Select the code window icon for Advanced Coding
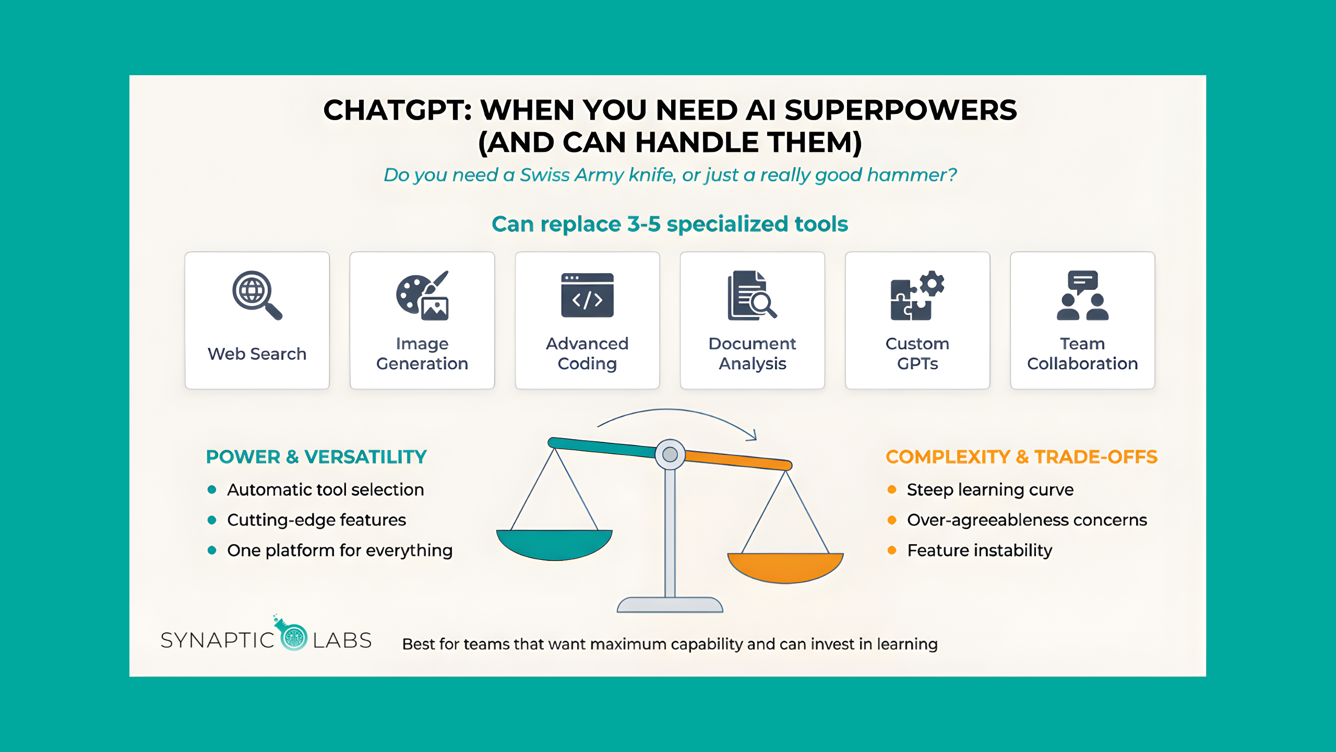(587, 295)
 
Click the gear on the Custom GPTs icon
(932, 284)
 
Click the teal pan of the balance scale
(554, 545)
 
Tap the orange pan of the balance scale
(785, 568)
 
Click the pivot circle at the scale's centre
(670, 454)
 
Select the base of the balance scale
(670, 605)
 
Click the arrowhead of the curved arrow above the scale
(752, 435)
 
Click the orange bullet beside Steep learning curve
(892, 489)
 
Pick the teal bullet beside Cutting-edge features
(212, 520)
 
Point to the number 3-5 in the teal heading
(644, 224)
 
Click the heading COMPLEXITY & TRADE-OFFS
(1022, 457)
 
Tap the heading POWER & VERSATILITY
(316, 457)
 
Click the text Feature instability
(980, 550)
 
